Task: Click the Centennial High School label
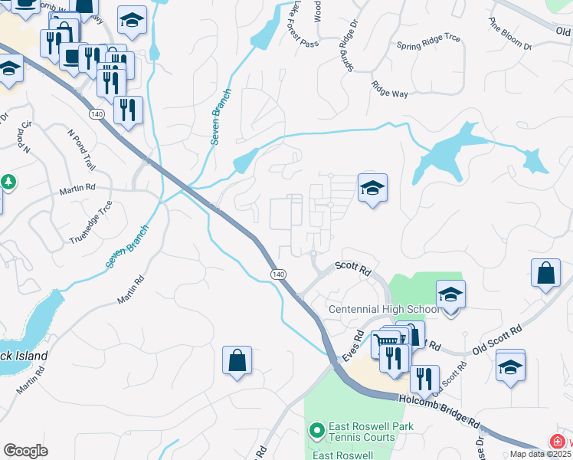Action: point(383,309)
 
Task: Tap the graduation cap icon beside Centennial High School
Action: point(451,294)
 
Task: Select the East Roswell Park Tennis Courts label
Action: point(362,432)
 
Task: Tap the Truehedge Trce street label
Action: point(91,222)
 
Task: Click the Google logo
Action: point(25,450)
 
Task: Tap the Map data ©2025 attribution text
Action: point(540,454)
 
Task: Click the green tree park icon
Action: point(8,182)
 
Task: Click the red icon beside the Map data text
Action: point(558,441)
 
